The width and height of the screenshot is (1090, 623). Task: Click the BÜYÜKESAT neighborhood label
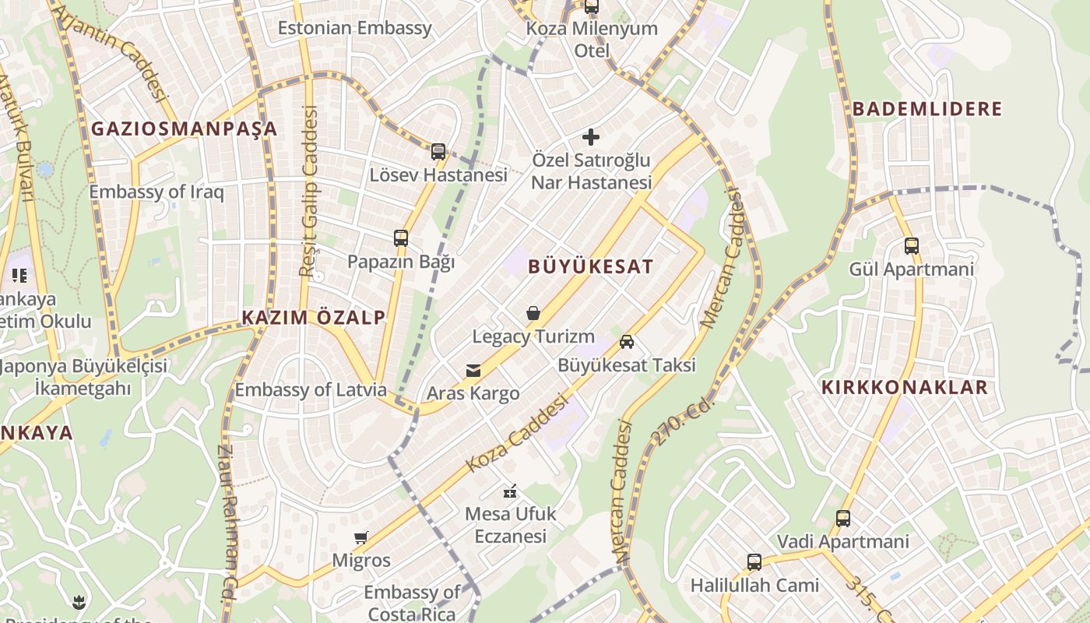click(590, 266)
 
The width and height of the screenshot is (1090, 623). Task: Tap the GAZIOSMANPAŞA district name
click(185, 129)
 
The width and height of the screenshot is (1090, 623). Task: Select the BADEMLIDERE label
click(927, 109)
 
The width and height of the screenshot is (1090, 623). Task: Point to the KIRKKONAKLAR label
click(905, 388)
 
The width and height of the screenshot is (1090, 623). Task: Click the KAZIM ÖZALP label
click(313, 318)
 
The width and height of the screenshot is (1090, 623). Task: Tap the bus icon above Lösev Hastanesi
click(438, 152)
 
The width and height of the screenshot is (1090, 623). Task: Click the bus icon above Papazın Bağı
click(401, 238)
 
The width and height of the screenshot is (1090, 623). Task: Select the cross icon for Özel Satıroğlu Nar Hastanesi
click(591, 138)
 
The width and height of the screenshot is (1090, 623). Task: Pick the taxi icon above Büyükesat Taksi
click(627, 342)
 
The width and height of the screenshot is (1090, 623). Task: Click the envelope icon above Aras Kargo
click(473, 371)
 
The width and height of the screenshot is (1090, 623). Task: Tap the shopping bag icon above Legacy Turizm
click(533, 314)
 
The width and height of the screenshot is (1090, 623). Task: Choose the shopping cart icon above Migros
click(360, 537)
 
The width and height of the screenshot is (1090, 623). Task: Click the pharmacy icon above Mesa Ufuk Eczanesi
click(510, 491)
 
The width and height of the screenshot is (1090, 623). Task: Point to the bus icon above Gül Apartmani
click(912, 246)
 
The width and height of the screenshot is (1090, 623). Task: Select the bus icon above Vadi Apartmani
click(843, 519)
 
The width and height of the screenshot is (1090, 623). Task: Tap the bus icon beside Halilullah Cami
click(754, 562)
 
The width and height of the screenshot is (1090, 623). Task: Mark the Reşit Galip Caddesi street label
click(310, 191)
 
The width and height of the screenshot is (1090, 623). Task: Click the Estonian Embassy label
click(354, 29)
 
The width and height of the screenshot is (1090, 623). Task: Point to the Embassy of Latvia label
click(311, 390)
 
